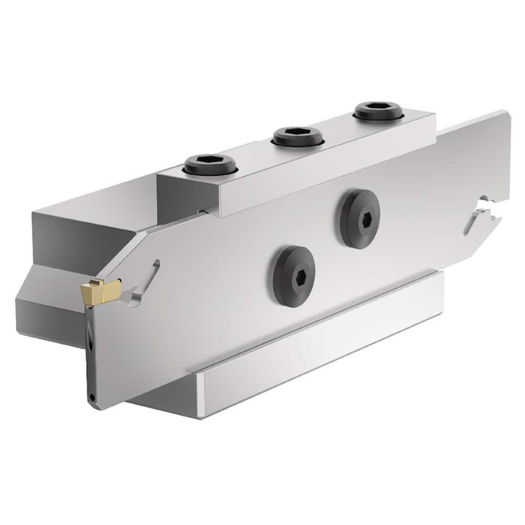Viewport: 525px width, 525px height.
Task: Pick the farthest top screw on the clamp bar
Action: click(x=378, y=111)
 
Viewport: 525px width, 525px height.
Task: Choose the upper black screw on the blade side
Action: click(x=360, y=218)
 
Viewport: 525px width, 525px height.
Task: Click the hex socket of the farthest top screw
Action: click(x=378, y=109)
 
